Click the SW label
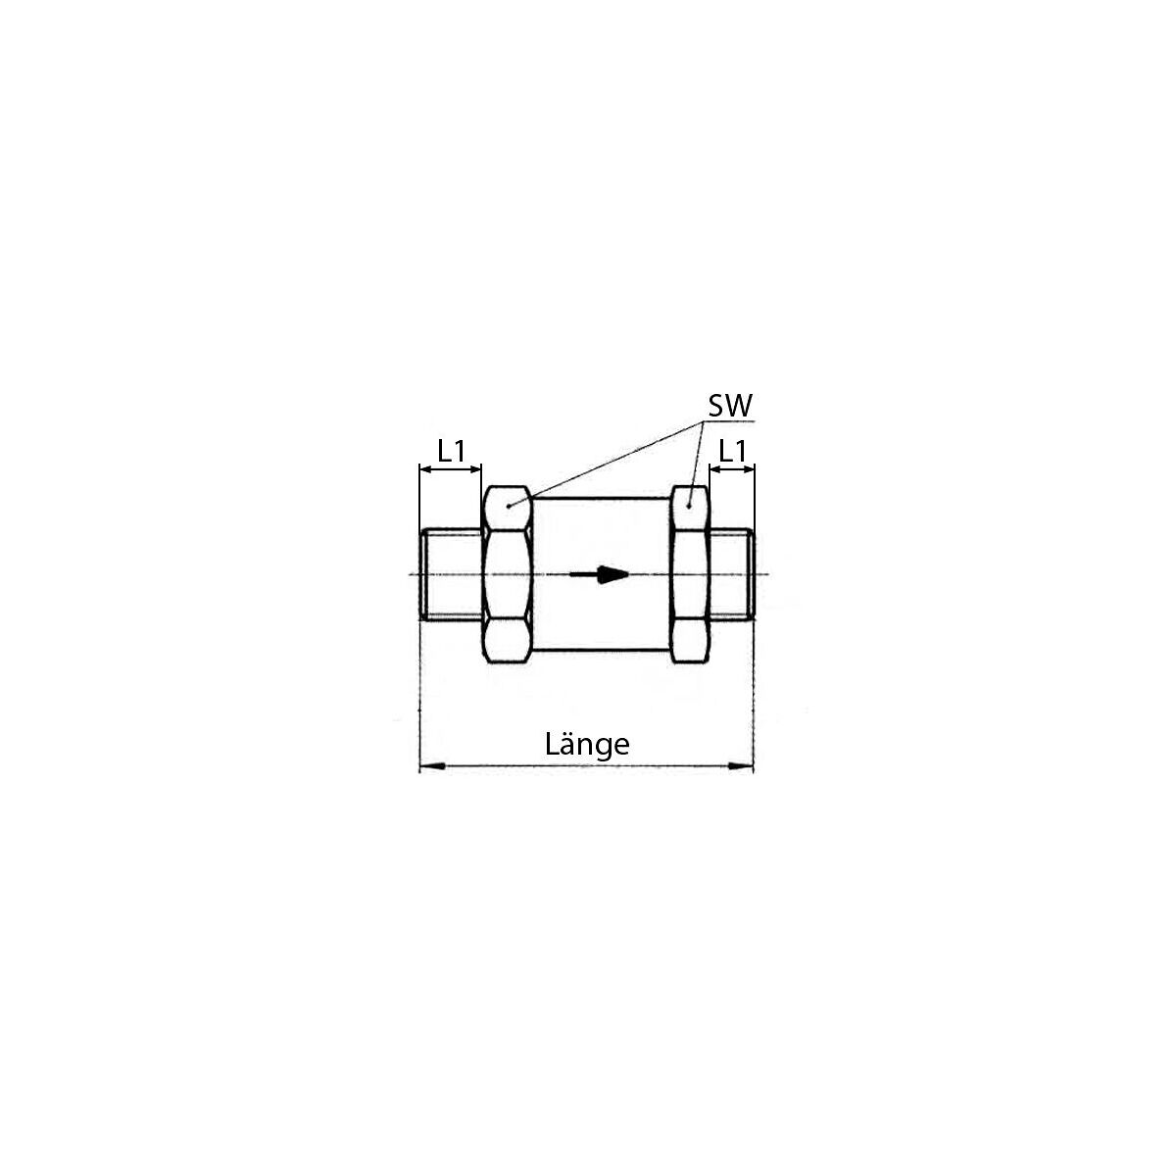pos(730,405)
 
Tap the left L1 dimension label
pos(452,452)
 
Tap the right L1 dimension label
pos(732,452)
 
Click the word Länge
pos(586,745)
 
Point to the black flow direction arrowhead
pos(613,574)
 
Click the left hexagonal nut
pos(507,574)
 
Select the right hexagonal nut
pos(690,574)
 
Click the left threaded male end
pos(452,574)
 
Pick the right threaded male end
pos(732,574)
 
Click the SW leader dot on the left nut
pos(508,506)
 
